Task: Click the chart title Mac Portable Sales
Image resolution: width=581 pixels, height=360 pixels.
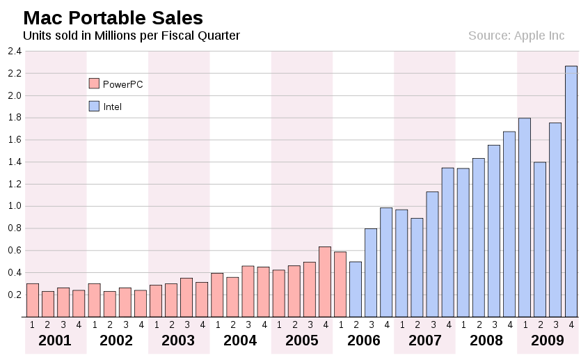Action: click(x=113, y=18)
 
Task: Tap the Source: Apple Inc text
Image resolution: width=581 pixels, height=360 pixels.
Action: click(x=516, y=36)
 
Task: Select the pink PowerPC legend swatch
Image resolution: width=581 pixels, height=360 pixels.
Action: click(x=95, y=84)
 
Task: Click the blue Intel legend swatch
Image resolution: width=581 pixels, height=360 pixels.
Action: click(x=95, y=107)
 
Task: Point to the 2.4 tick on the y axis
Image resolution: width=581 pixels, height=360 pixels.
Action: click(x=15, y=51)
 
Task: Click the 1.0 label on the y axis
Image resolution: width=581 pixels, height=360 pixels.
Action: click(x=15, y=206)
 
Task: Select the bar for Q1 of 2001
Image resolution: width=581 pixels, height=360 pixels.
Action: click(x=33, y=300)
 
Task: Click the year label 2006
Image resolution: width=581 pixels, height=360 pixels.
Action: click(x=364, y=341)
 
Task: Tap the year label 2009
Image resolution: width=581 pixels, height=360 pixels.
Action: click(x=548, y=341)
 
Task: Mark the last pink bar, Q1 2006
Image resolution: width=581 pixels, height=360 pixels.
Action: click(x=340, y=284)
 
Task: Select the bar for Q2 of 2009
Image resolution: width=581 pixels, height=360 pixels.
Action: click(x=540, y=240)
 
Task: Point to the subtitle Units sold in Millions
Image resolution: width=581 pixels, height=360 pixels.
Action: click(x=132, y=36)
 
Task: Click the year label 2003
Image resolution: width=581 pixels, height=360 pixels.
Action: click(x=179, y=341)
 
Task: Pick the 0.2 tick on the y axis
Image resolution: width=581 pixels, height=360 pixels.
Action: click(x=15, y=295)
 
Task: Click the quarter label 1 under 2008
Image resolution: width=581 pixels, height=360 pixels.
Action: click(x=463, y=324)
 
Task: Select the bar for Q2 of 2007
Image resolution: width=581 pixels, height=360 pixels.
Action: click(x=417, y=267)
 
